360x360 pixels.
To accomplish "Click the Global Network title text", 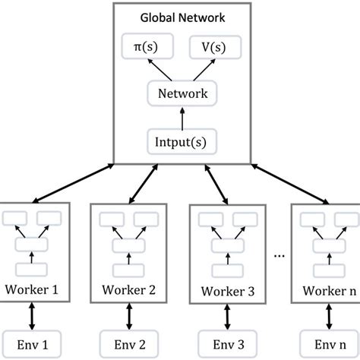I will [180, 17].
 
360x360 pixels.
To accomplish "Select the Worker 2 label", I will [126, 289].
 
